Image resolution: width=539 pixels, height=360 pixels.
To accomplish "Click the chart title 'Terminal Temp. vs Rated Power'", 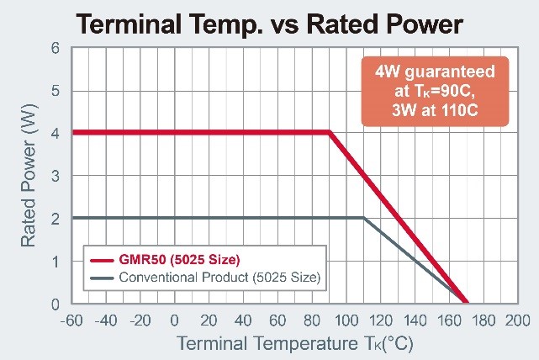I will coord(269,23).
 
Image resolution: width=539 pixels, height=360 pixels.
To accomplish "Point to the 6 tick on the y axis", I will coord(55,48).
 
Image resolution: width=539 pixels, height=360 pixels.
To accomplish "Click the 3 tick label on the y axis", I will coord(55,176).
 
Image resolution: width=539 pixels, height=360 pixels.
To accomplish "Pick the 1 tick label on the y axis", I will coord(55,262).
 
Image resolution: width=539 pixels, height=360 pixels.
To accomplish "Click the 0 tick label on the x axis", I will coord(175,320).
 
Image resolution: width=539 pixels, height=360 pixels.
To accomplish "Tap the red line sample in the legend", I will coord(101,257).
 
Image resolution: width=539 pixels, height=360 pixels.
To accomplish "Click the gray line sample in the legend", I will coord(101,277).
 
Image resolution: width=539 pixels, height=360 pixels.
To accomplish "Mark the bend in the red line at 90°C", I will coord(329,132).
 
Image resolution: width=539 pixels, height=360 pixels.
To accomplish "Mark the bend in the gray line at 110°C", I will coord(363,218).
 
